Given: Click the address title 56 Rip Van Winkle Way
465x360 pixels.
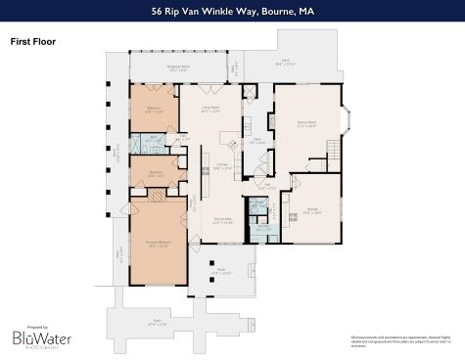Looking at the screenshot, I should [x=232, y=12].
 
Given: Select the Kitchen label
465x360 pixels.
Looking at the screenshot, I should [x=223, y=166].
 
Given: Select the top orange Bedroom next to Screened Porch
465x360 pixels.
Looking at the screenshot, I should [x=153, y=111].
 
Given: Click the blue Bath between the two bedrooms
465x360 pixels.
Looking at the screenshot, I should [x=154, y=140].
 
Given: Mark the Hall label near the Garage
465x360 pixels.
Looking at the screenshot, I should [x=265, y=182].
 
